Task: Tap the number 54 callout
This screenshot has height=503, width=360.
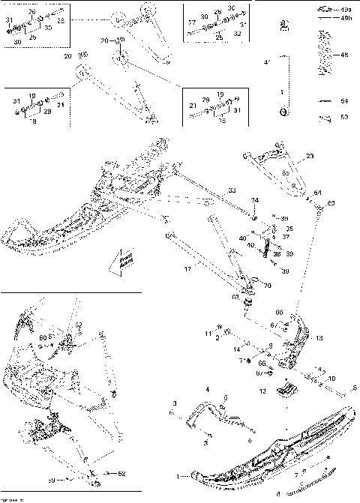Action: pos(345,100)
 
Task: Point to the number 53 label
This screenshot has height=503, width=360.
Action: pos(345,117)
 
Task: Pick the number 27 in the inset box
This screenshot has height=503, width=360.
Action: pos(192,23)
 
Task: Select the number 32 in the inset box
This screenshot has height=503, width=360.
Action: pos(238,34)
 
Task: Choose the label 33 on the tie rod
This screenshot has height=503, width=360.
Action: pos(232,190)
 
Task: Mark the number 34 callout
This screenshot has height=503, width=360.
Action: pos(255,200)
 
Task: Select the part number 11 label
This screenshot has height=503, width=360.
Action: pos(209,332)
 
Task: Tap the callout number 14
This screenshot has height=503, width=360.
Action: pos(236,349)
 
